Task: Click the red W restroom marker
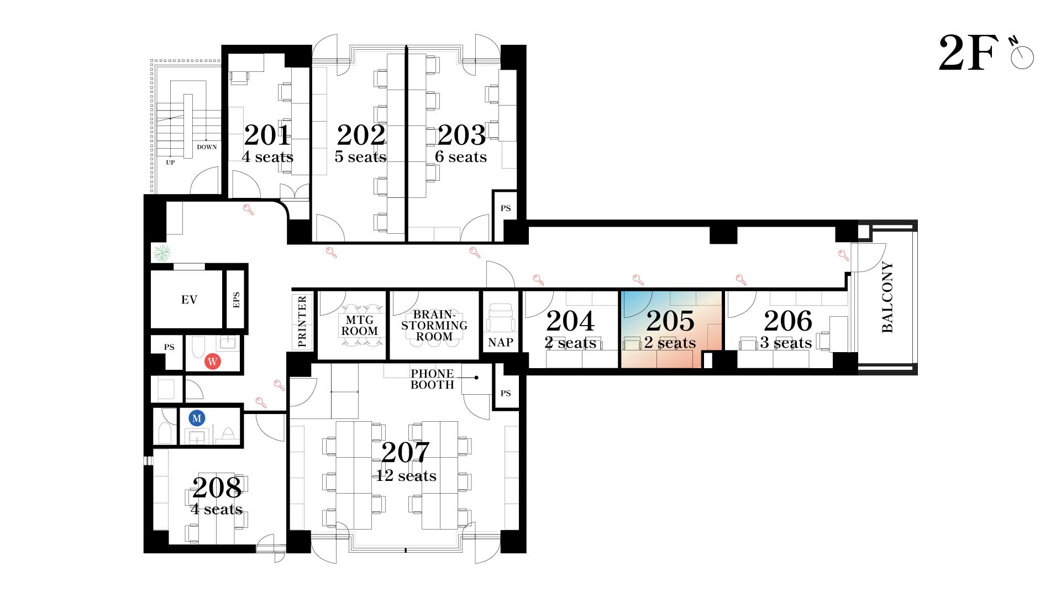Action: click(212, 362)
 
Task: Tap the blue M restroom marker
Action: click(197, 418)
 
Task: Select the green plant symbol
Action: click(161, 253)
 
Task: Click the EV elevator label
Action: click(189, 300)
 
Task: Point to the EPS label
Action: click(237, 300)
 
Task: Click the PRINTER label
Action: click(302, 322)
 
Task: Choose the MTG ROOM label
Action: click(360, 326)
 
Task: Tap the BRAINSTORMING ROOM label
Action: click(434, 326)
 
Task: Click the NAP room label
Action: click(501, 343)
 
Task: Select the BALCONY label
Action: click(887, 297)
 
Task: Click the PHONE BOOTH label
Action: click(432, 379)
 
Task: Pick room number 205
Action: click(670, 321)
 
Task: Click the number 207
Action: click(406, 453)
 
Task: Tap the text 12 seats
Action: click(406, 476)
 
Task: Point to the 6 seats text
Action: click(461, 157)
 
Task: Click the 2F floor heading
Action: click(969, 53)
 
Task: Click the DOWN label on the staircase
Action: click(207, 147)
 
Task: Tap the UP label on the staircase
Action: click(170, 163)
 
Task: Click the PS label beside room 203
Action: click(506, 208)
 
